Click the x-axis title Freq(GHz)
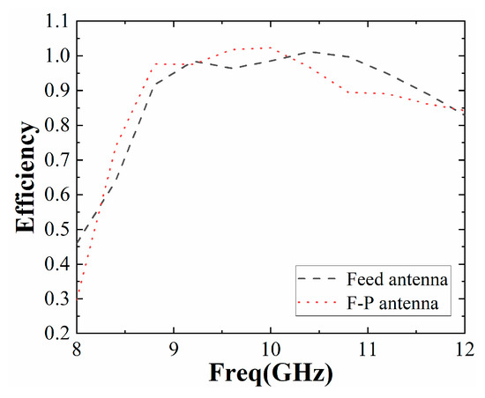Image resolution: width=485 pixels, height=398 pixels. click(271, 376)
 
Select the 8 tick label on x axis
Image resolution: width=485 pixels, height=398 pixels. click(77, 348)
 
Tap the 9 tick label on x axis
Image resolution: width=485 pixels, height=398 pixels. click(174, 348)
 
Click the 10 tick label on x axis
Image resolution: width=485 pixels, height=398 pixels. click(271, 348)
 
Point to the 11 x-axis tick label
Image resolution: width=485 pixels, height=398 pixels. click(368, 348)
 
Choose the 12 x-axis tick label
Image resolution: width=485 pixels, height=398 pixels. click(464, 348)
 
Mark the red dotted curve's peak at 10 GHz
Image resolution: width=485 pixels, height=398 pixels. click(270, 48)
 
